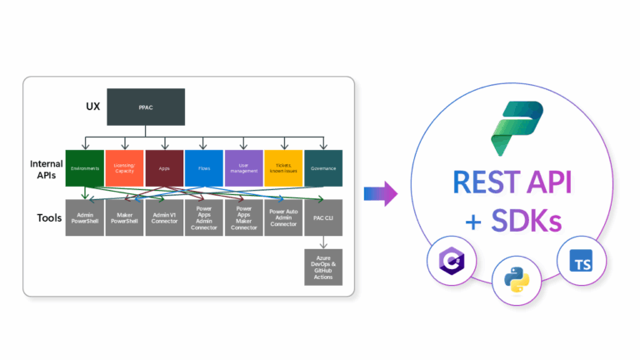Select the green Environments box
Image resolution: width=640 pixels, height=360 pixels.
[x=85, y=167]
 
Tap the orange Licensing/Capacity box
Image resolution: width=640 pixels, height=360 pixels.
[x=125, y=167]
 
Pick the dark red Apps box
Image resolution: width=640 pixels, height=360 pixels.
[x=164, y=167]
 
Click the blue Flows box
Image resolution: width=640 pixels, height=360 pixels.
[x=204, y=167]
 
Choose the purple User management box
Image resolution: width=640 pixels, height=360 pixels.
[x=243, y=167]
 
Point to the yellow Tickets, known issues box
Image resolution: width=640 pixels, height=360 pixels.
[x=283, y=167]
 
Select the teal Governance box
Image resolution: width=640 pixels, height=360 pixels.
[x=323, y=167]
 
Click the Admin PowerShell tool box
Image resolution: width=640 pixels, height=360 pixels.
[x=85, y=217]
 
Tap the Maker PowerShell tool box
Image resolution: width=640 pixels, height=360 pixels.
[x=125, y=217]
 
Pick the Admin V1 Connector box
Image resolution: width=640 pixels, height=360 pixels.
[x=164, y=217]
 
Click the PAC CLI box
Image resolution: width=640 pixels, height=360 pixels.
[x=323, y=217]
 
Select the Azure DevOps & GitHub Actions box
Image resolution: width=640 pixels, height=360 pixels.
[x=323, y=267]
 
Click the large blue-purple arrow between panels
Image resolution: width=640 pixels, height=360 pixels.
[x=381, y=193]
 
